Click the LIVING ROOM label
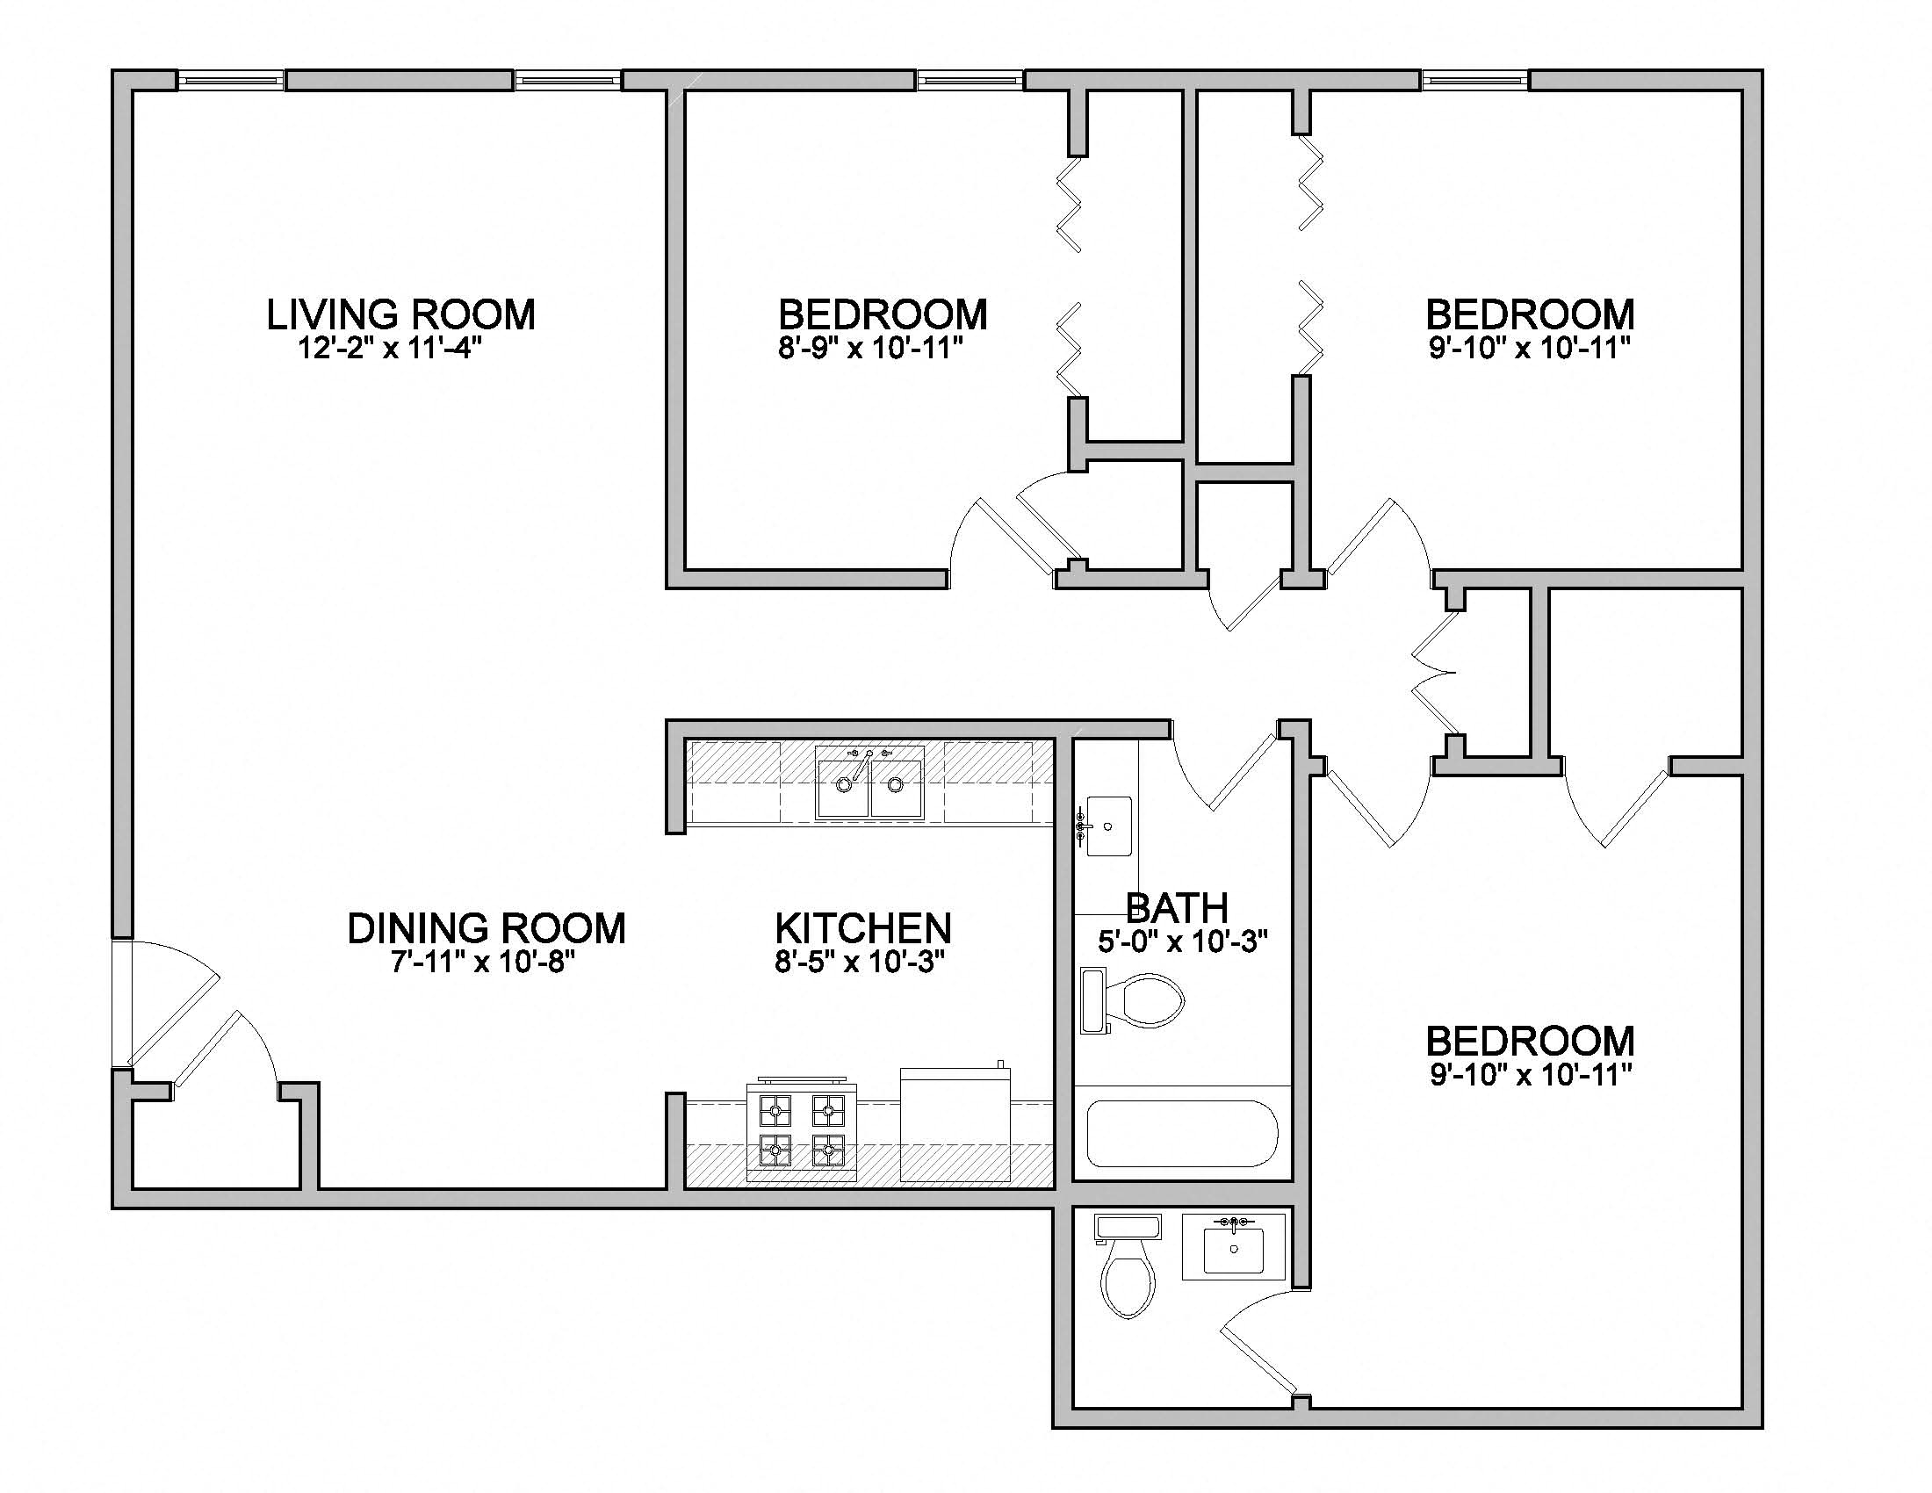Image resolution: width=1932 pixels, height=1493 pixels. click(x=400, y=315)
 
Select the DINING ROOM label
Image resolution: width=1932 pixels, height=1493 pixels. click(x=486, y=928)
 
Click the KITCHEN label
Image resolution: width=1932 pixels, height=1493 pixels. click(x=862, y=928)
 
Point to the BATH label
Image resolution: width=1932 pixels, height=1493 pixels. click(x=1177, y=907)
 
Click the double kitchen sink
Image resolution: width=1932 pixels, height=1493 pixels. click(x=869, y=783)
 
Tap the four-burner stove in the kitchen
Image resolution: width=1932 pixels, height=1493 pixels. click(x=803, y=1131)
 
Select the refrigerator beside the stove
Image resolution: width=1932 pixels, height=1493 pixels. click(x=955, y=1125)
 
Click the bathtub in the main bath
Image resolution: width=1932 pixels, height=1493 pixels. click(x=1182, y=1134)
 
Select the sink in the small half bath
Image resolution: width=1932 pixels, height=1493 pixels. click(x=1233, y=1247)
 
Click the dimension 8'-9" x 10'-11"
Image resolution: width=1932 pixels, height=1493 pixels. click(x=869, y=349)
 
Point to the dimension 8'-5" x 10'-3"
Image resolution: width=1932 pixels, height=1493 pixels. click(x=860, y=962)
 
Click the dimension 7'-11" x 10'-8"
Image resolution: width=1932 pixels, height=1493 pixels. click(x=484, y=962)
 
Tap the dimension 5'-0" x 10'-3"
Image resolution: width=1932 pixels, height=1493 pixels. click(x=1183, y=943)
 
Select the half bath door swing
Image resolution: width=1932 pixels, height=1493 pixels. click(x=1256, y=1345)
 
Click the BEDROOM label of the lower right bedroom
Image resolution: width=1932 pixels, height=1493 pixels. click(x=1530, y=1042)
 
